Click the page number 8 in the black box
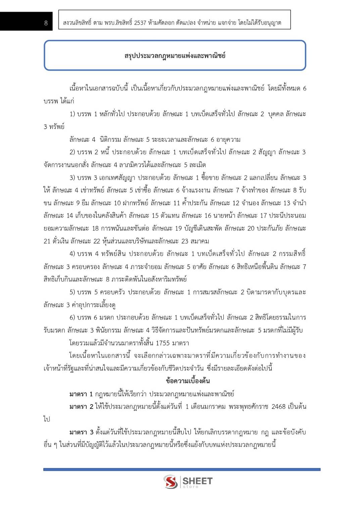pyautogui.click(x=46, y=23)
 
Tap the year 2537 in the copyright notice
pyautogui.click(x=140, y=23)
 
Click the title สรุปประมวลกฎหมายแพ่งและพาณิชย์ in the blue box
pyautogui.click(x=175, y=55)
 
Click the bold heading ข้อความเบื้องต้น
pyautogui.click(x=188, y=381)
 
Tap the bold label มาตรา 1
pyautogui.click(x=81, y=394)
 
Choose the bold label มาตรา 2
pyautogui.click(x=81, y=407)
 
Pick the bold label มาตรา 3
pyautogui.click(x=81, y=432)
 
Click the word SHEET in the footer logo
pyautogui.click(x=197, y=481)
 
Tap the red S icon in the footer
pyautogui.click(x=171, y=482)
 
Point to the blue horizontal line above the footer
pyautogui.click(x=182, y=469)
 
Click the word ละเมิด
pyautogui.click(x=197, y=165)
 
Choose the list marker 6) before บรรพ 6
pyautogui.click(x=72, y=317)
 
